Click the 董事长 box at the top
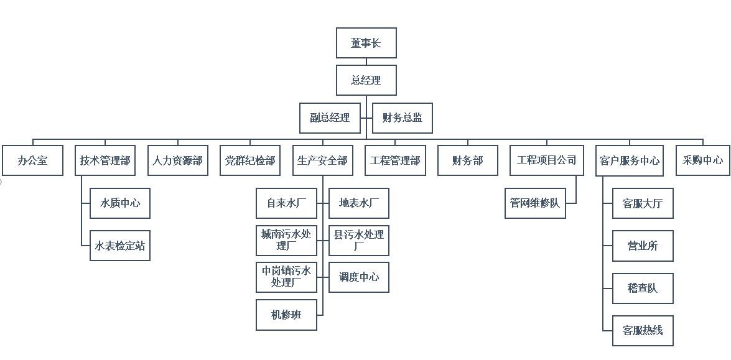tap(366, 43)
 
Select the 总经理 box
tap(366, 80)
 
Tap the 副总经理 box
tap(330, 118)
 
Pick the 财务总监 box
tap(402, 118)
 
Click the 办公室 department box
tap(32, 160)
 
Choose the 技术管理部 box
tap(105, 160)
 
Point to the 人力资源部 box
tap(178, 160)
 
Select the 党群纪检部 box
tap(250, 160)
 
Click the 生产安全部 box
tap(322, 160)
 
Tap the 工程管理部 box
tap(395, 160)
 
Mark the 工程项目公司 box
tap(547, 160)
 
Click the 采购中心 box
tap(703, 160)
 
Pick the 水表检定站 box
tap(120, 246)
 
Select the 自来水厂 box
tap(286, 203)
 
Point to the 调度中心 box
tap(359, 277)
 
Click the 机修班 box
tap(286, 315)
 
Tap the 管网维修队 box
tap(535, 203)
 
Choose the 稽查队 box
tap(643, 288)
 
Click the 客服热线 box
tap(643, 331)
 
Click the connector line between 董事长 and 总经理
tap(366, 62)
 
